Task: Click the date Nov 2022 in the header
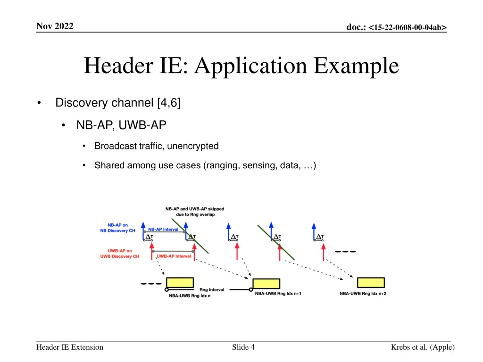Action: point(55,26)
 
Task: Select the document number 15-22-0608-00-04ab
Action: point(407,27)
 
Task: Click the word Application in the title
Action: point(250,66)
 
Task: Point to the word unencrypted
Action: point(192,146)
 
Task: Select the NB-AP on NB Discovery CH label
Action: point(117,228)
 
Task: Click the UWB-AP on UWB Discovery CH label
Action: point(119,254)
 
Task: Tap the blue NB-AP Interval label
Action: point(163,230)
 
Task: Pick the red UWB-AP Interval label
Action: point(174,256)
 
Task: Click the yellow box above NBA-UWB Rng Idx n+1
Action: point(266,283)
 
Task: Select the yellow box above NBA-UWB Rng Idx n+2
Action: point(371,282)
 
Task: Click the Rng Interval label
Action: point(212,290)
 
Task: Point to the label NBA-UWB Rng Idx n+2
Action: point(363,294)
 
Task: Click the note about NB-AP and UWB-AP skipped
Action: point(195,212)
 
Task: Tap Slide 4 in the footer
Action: point(243,347)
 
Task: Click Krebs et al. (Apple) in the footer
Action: point(423,347)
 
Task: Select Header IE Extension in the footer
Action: point(70,347)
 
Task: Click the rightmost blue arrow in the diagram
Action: point(314,232)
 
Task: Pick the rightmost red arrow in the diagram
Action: point(324,252)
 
